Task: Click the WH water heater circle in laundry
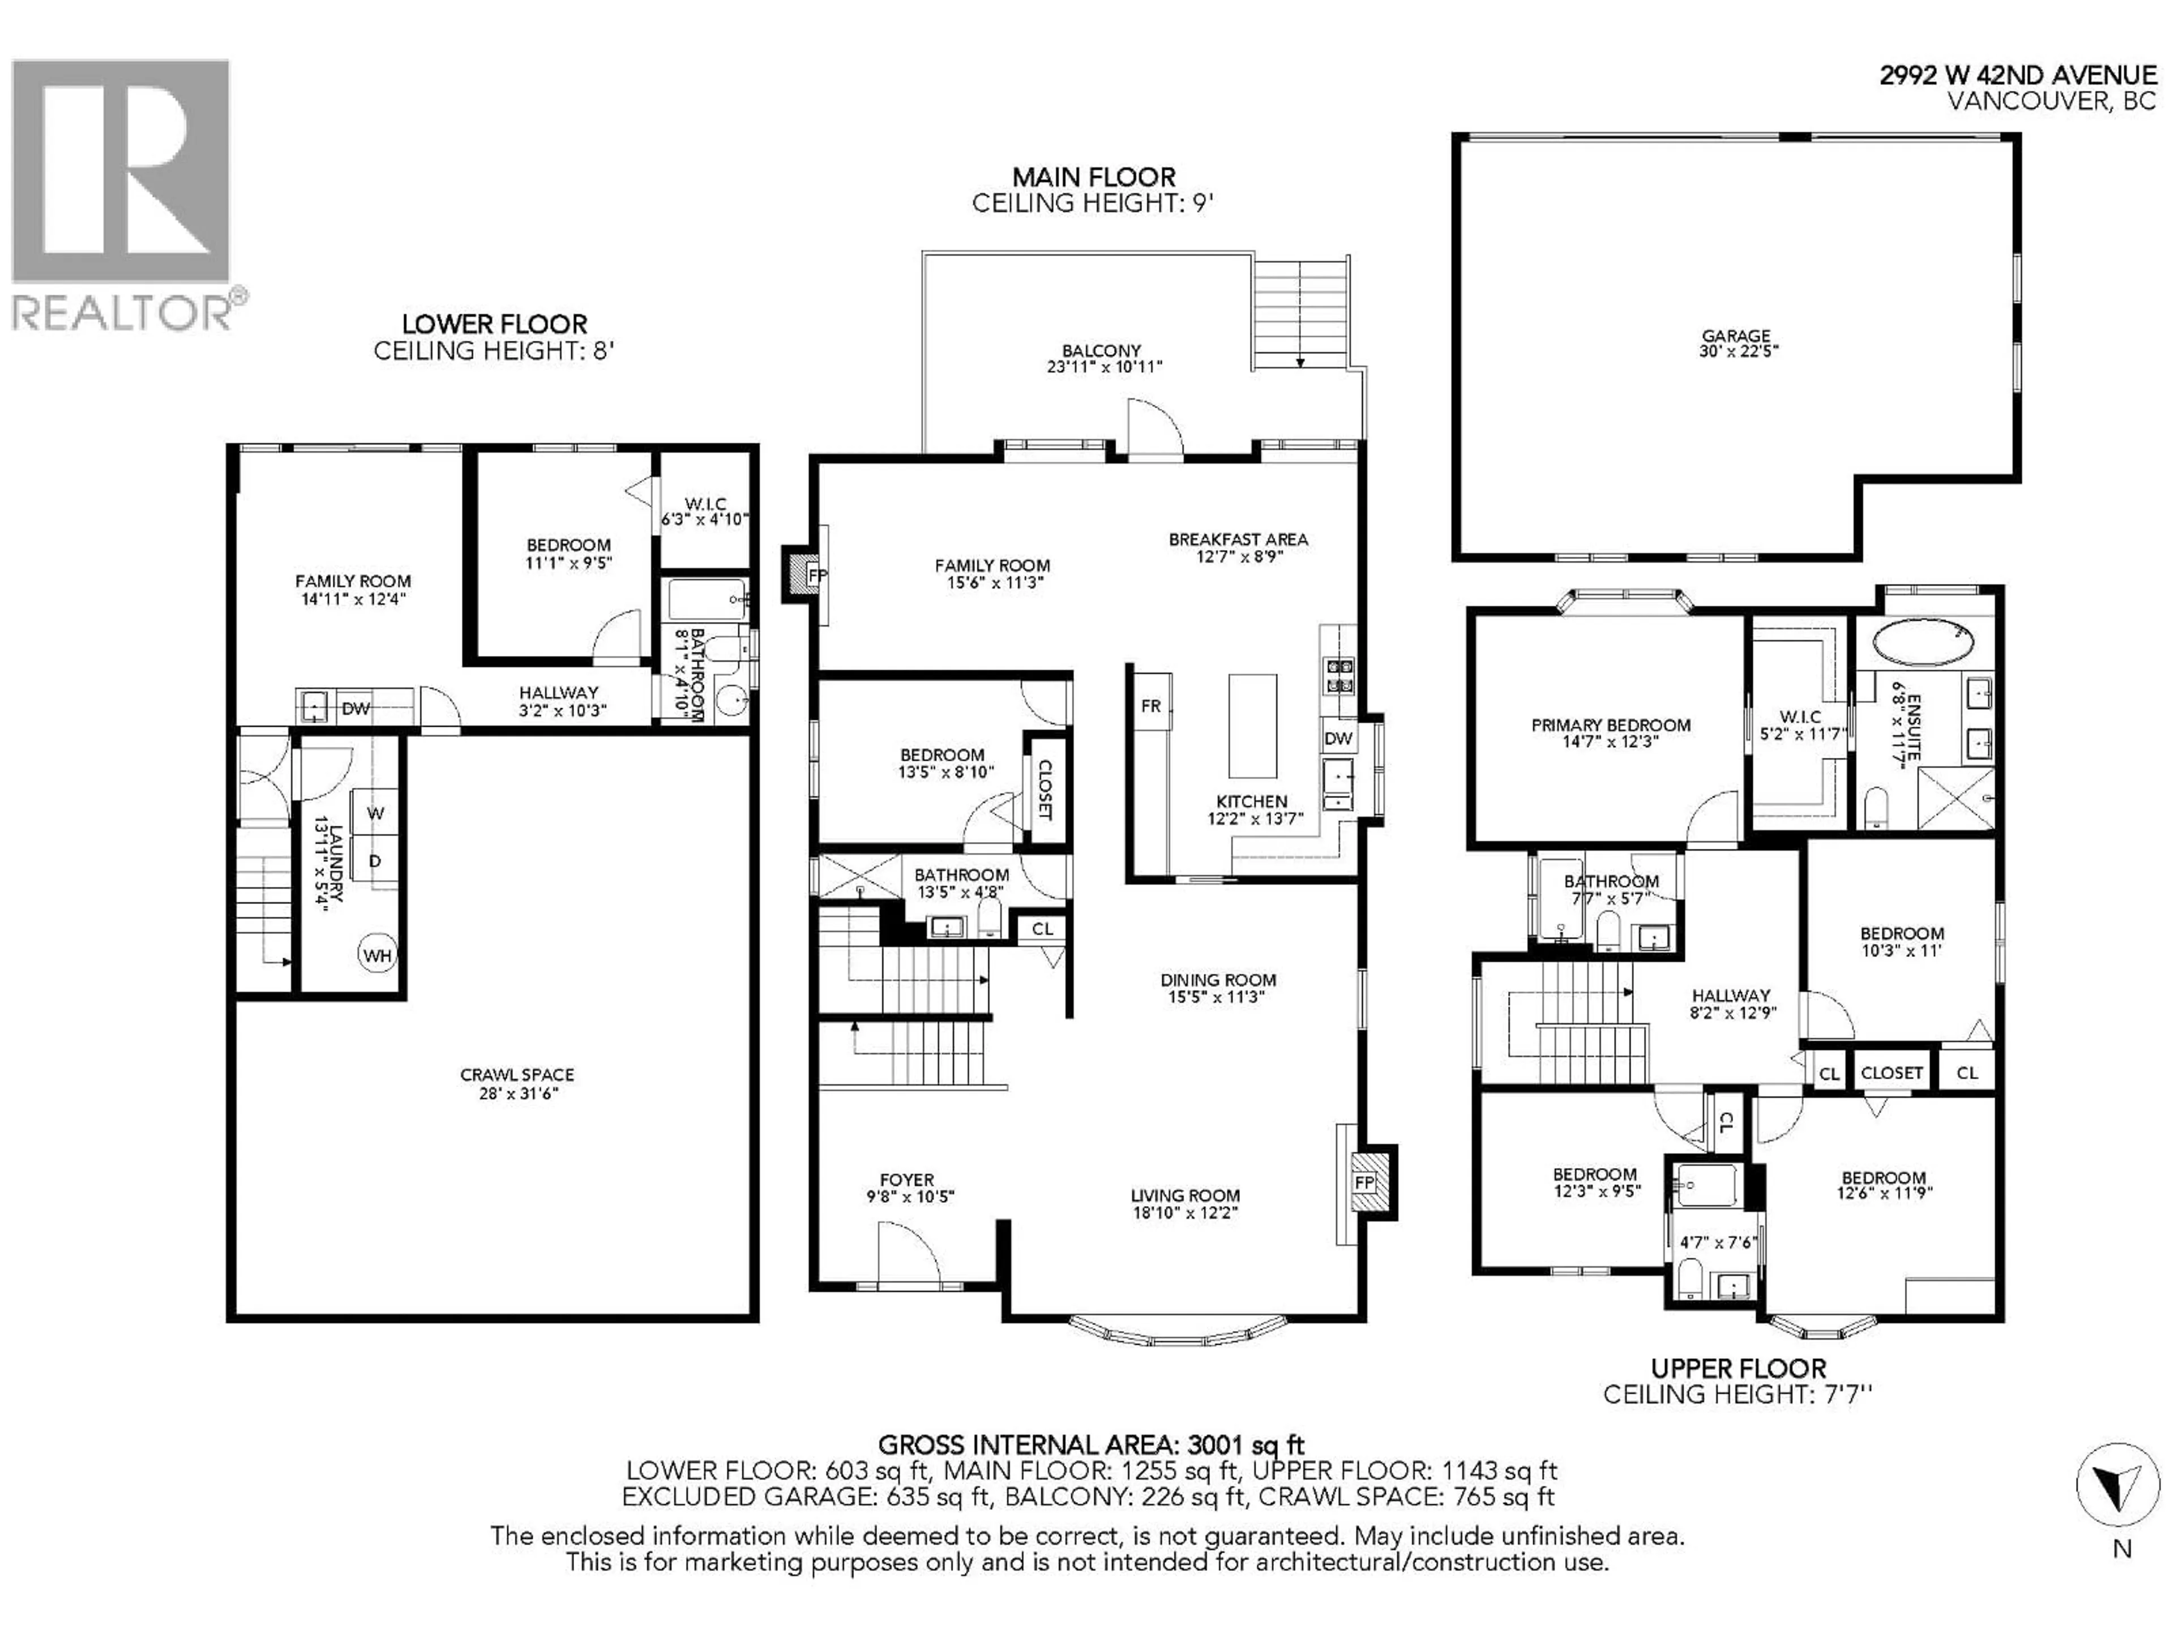(376, 955)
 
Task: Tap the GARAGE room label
(1736, 336)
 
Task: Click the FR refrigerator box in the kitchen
(1151, 705)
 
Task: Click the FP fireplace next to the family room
(815, 575)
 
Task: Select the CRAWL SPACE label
(517, 1075)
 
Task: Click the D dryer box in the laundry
(374, 861)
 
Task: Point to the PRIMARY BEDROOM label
(1610, 725)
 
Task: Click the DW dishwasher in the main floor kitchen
(1338, 738)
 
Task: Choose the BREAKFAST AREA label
(1238, 539)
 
